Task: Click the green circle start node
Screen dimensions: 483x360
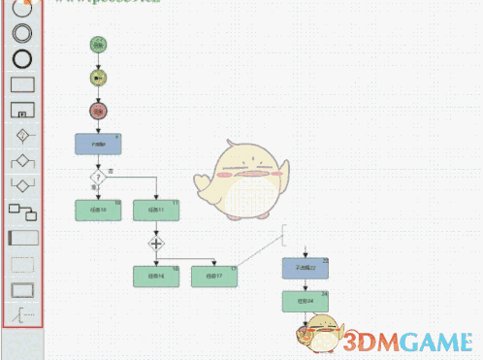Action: (x=98, y=44)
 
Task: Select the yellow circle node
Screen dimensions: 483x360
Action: (x=98, y=77)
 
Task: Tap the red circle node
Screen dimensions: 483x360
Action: (x=98, y=111)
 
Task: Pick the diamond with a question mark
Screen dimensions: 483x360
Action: (x=98, y=178)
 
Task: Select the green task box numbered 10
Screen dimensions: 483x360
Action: (x=98, y=210)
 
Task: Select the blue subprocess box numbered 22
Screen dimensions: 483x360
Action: (x=306, y=267)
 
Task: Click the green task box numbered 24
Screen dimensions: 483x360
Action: (x=306, y=301)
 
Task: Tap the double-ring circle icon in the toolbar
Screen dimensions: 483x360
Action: (x=21, y=33)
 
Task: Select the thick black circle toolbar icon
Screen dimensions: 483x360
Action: (x=21, y=57)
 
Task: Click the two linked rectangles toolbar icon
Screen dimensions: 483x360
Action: (x=21, y=211)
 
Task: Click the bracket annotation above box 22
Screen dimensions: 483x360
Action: (x=285, y=233)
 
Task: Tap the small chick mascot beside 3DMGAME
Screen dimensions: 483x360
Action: (x=320, y=333)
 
